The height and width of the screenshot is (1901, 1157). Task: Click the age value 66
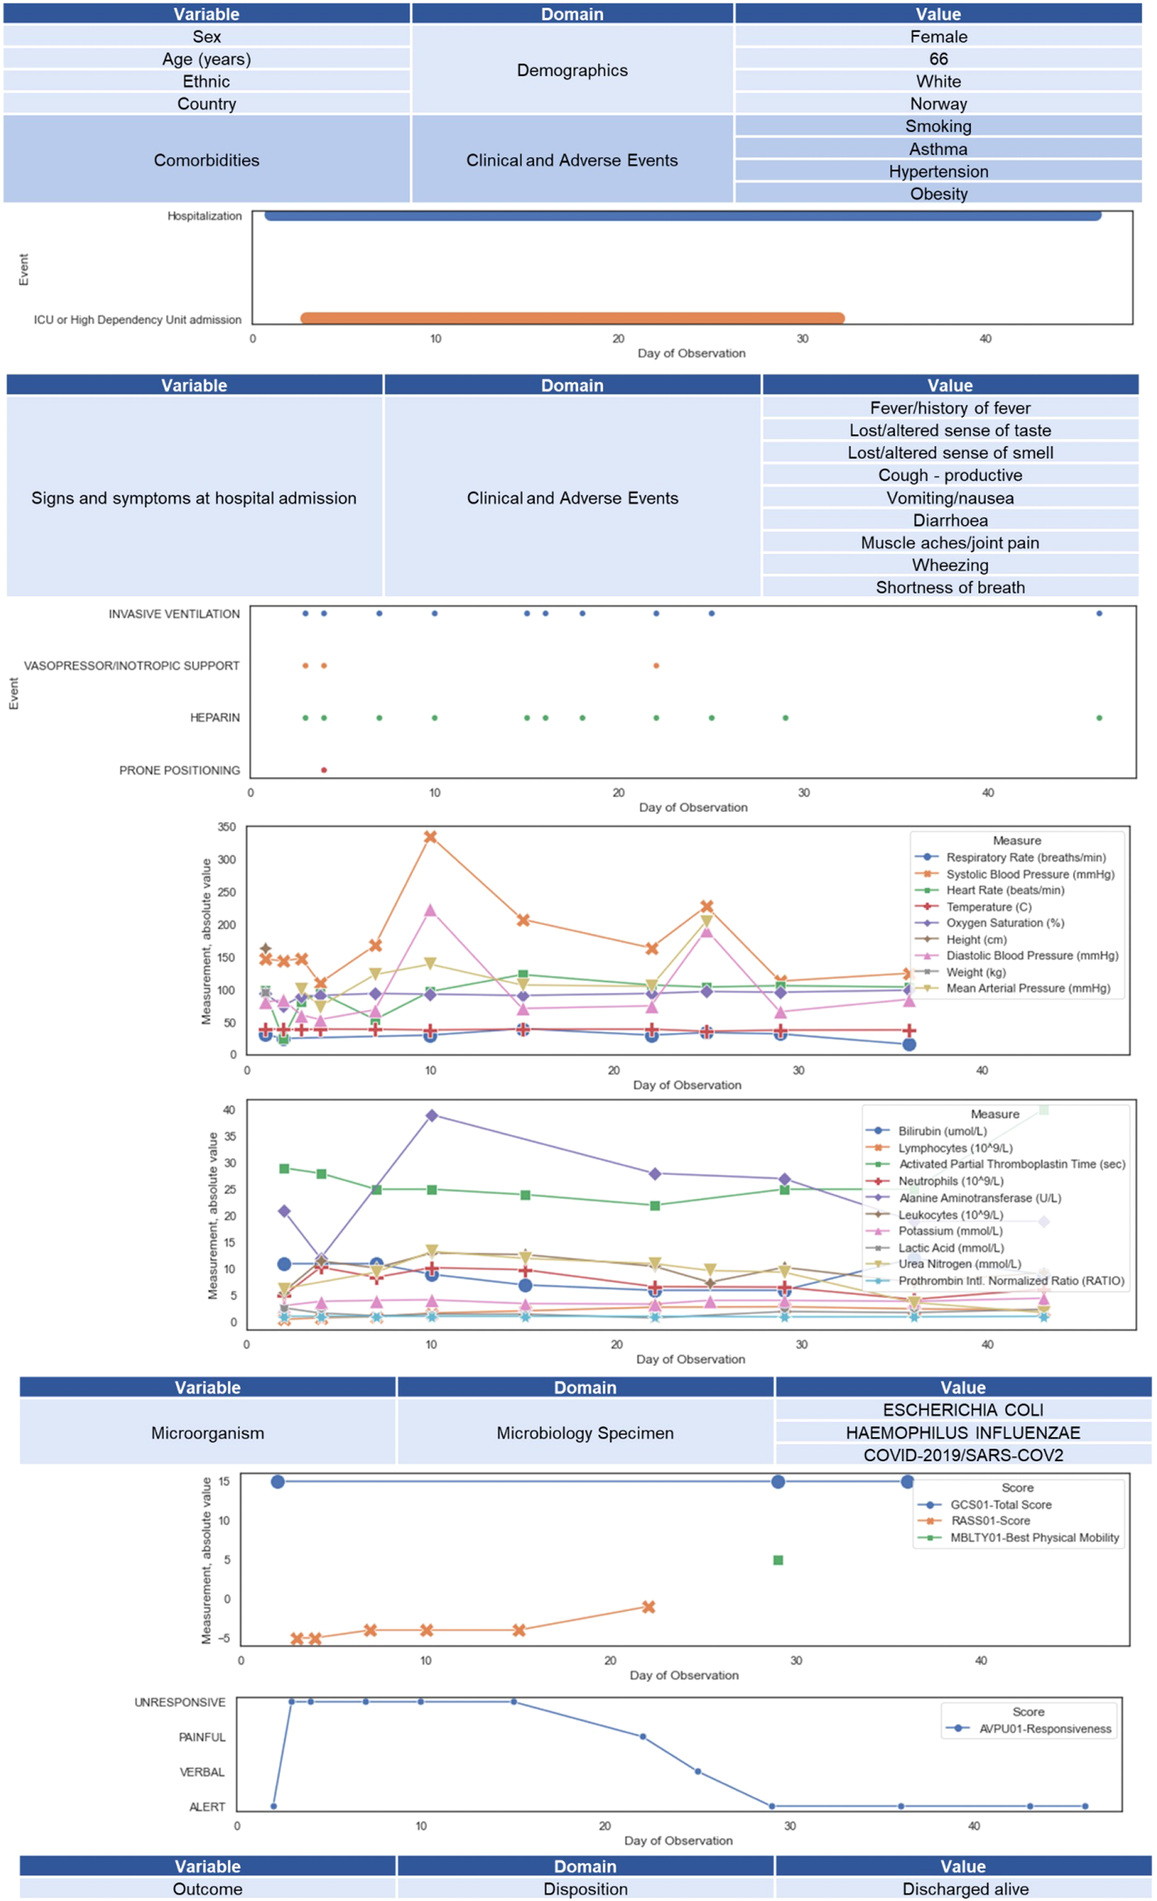(938, 59)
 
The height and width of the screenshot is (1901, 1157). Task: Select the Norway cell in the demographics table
(938, 103)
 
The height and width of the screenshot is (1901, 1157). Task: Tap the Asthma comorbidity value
(938, 149)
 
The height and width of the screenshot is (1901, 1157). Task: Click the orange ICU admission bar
(572, 318)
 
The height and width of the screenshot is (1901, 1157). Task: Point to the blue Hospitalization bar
(682, 216)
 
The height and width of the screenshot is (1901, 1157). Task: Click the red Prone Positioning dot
(324, 770)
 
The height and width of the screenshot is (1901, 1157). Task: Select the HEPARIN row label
(215, 718)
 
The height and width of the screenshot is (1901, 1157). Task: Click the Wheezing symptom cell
(949, 565)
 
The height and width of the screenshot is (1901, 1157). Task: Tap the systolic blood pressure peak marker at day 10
(430, 837)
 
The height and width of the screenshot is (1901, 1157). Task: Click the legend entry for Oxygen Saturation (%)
(1005, 923)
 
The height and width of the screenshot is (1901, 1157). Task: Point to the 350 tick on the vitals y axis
(227, 827)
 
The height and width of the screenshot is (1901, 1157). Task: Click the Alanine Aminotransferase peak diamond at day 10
(432, 1115)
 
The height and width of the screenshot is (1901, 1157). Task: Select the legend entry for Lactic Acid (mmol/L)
(951, 1248)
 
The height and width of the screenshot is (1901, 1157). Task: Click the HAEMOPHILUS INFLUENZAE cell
(963, 1432)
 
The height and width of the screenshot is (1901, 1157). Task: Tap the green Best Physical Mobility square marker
(777, 1560)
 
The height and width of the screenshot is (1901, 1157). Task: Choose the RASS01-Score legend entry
(990, 1521)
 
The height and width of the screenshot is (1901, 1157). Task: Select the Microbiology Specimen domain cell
(585, 1432)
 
